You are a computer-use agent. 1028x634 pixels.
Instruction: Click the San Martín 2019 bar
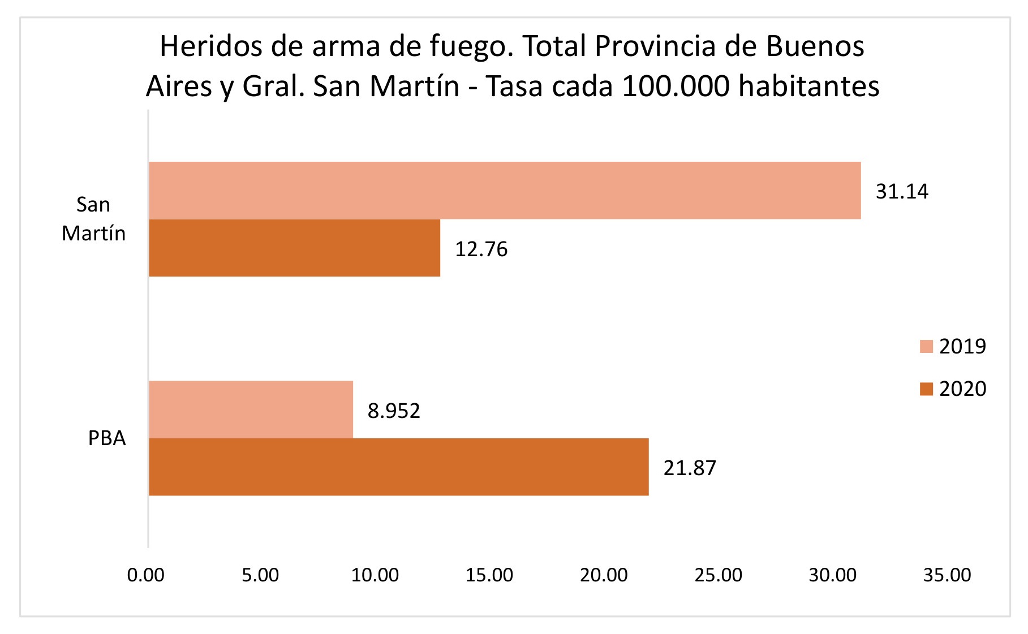[x=504, y=191]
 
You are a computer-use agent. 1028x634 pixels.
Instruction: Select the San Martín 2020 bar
[x=294, y=248]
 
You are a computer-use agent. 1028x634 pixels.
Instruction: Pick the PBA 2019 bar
[x=251, y=409]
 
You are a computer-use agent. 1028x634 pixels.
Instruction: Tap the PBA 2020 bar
[x=398, y=467]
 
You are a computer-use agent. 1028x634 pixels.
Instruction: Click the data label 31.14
[x=902, y=192]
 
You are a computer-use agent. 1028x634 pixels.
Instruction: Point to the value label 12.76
[x=481, y=249]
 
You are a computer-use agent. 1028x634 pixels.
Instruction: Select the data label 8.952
[x=394, y=411]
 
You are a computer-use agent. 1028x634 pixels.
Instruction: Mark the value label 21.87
[x=690, y=468]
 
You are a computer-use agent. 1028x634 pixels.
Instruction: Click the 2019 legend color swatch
[x=926, y=346]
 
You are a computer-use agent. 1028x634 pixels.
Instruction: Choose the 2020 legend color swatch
[x=926, y=389]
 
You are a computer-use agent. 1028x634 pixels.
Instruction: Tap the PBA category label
[x=107, y=438]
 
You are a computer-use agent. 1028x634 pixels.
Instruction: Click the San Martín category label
[x=94, y=219]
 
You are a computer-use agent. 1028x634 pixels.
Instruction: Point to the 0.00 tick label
[x=146, y=575]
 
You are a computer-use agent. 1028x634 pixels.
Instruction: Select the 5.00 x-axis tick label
[x=260, y=575]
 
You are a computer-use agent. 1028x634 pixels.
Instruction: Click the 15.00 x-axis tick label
[x=489, y=575]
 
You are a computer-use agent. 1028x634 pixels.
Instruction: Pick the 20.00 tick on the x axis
[x=604, y=575]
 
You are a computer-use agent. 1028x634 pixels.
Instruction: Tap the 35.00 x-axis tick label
[x=947, y=575]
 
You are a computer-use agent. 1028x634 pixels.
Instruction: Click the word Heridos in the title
[x=211, y=46]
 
